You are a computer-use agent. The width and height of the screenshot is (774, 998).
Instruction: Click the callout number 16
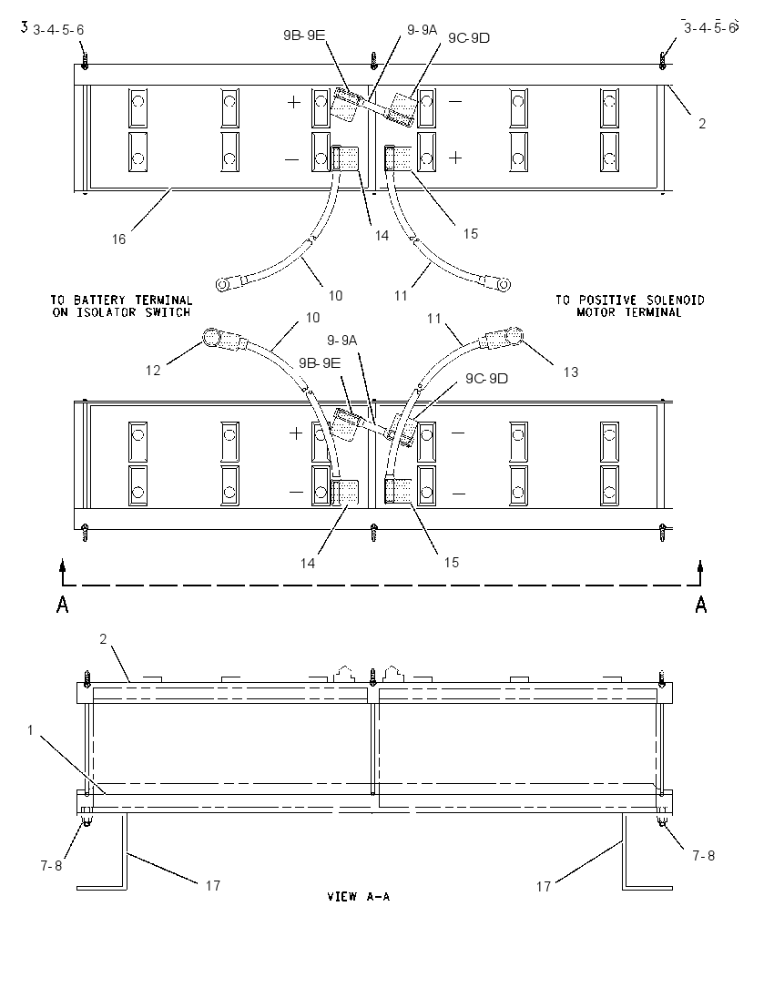119,239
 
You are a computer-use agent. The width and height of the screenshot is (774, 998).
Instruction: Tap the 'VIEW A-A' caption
359,896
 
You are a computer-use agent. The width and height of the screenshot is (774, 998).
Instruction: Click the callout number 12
153,371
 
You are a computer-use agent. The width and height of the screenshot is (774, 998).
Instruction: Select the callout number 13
570,372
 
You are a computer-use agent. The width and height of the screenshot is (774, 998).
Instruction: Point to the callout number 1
30,730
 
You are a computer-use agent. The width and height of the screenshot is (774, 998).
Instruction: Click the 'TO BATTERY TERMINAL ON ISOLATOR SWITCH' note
121,306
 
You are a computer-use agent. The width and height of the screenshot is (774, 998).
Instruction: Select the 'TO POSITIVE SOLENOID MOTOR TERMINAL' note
629,306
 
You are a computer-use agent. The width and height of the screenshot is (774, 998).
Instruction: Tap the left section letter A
63,604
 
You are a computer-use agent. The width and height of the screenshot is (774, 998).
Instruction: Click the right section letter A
701,604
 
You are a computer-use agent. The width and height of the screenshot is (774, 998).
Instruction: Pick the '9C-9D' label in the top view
469,38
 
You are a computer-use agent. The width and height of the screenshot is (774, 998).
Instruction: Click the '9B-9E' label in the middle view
320,362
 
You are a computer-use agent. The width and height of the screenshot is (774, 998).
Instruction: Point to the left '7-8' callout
51,866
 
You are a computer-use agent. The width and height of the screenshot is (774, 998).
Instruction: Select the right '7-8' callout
703,856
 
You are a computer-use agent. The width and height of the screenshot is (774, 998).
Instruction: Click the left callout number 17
212,885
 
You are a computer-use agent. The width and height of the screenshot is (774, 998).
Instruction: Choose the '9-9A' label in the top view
423,29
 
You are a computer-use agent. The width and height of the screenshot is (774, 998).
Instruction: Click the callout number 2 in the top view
702,124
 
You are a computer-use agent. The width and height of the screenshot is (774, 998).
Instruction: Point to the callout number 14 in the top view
382,236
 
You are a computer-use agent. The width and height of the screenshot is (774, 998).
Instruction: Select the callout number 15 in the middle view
452,563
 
